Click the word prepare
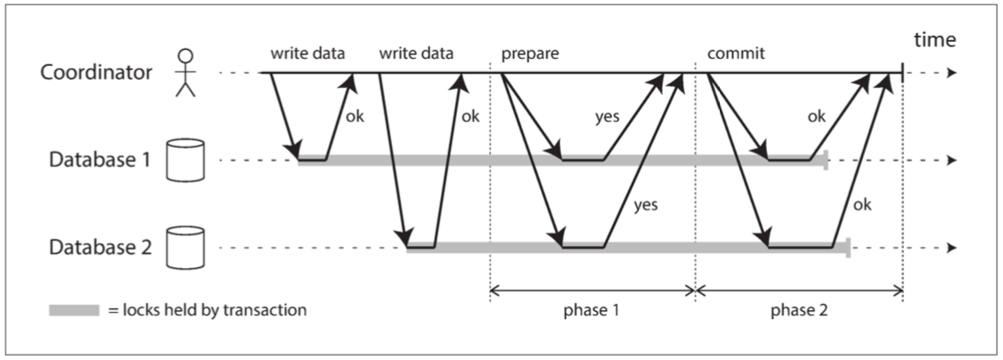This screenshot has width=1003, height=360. coord(530,53)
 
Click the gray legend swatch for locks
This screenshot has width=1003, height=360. coord(73,311)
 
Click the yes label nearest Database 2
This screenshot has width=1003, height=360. coord(645,205)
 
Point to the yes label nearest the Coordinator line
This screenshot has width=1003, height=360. coord(608,117)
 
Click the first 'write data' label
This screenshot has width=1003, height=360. coord(308,53)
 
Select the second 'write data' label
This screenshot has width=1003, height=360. coord(417,53)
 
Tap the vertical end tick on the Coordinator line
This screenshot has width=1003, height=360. coord(903,74)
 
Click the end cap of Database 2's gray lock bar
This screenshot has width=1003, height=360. coord(848,248)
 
